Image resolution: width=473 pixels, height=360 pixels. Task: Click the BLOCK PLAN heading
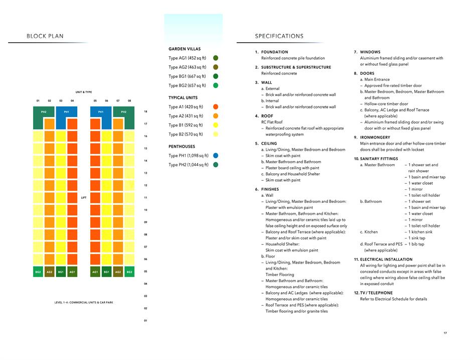(45, 36)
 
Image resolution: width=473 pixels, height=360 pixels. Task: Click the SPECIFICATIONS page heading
(279, 36)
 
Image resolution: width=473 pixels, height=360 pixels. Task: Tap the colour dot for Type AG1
(216, 58)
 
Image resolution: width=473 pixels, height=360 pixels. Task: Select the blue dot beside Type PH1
(216, 156)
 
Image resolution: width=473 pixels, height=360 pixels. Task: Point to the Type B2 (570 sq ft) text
(187, 134)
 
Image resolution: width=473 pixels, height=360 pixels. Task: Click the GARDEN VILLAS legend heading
(185, 49)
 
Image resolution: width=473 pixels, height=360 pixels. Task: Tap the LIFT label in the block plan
(84, 198)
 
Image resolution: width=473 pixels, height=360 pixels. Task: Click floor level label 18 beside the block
(145, 111)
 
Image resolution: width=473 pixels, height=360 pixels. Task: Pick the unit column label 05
(95, 101)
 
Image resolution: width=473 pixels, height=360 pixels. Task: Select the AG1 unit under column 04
(72, 272)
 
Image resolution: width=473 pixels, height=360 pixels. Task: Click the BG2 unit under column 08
(129, 272)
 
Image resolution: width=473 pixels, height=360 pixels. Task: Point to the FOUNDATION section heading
(274, 52)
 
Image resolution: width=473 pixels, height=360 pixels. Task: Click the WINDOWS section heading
(370, 52)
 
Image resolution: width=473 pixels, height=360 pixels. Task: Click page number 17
(445, 333)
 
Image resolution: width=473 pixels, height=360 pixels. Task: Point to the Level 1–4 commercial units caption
(84, 302)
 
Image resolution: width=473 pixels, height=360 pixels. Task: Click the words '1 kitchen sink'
(422, 232)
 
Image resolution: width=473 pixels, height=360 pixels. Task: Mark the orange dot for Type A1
(216, 107)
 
